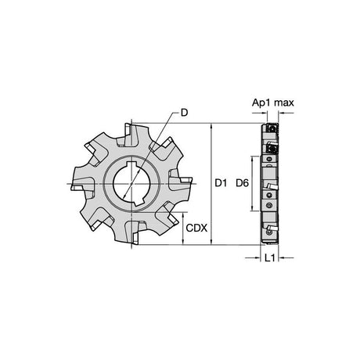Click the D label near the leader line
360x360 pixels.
pyautogui.click(x=184, y=113)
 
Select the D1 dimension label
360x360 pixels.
pyautogui.click(x=221, y=183)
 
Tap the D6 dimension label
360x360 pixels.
pyautogui.click(x=242, y=183)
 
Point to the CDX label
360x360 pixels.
pyautogui.click(x=196, y=228)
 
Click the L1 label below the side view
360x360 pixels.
pyautogui.click(x=270, y=258)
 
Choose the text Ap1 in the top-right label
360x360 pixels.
pyautogui.click(x=261, y=103)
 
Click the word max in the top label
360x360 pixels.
pyautogui.click(x=284, y=103)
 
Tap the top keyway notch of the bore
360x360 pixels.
pyautogui.click(x=131, y=164)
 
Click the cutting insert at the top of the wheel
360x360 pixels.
pyautogui.click(x=128, y=130)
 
